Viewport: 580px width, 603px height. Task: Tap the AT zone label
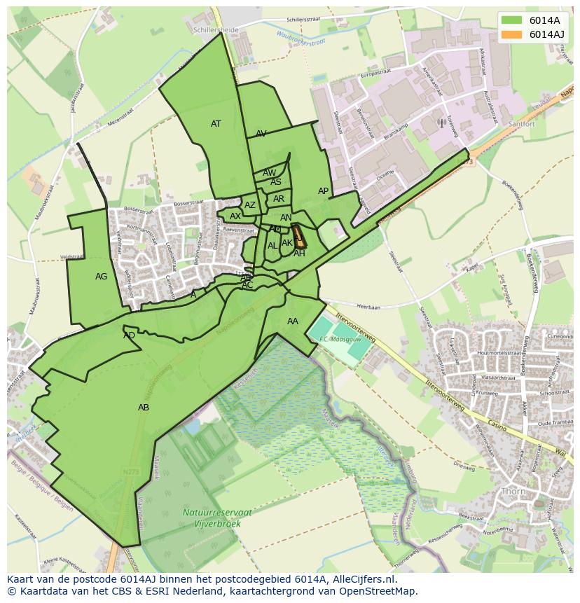[x=216, y=124]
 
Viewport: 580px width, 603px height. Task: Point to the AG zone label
[x=102, y=277]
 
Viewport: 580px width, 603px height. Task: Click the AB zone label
[x=144, y=408]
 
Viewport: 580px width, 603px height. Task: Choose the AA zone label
[x=293, y=321]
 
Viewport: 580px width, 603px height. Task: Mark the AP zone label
[x=323, y=191]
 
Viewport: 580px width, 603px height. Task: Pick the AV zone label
[x=261, y=134]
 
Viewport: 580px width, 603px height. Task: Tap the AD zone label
[x=129, y=335]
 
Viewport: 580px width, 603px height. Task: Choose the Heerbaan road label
[x=368, y=306]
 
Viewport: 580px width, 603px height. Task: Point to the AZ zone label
[x=250, y=205]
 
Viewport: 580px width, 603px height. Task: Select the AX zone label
[x=235, y=216]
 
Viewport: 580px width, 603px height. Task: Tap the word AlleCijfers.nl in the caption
[x=362, y=579]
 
